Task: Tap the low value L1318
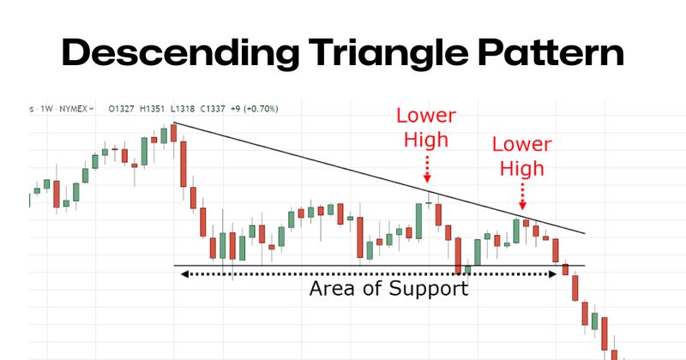(x=184, y=109)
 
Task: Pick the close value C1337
(x=215, y=109)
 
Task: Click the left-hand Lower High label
(x=426, y=126)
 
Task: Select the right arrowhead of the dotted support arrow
(x=553, y=274)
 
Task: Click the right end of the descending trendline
(x=584, y=233)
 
